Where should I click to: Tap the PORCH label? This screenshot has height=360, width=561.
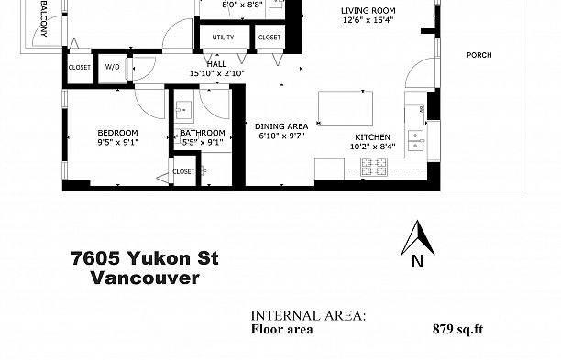point(478,55)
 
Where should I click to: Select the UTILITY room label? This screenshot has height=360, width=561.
point(223,38)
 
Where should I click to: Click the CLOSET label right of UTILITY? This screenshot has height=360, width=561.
point(269,38)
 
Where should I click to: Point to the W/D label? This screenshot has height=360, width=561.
point(114,67)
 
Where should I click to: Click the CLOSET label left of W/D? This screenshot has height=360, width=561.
point(79,67)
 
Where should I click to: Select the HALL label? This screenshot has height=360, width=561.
point(215,64)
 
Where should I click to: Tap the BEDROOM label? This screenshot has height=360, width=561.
point(119,132)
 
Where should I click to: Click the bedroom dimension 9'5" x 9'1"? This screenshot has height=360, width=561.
point(119,142)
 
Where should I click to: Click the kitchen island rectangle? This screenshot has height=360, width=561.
point(349,107)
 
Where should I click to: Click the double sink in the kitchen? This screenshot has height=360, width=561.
point(417,139)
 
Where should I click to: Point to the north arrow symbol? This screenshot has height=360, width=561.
point(417,241)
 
